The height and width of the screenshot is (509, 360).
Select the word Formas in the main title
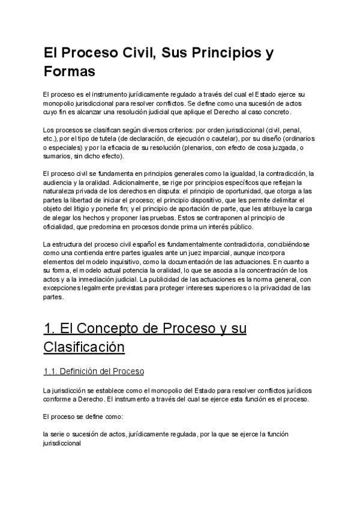click(x=70, y=72)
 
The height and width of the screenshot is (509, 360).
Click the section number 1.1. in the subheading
click(x=52, y=372)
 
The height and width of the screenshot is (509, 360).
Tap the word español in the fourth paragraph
click(x=133, y=244)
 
